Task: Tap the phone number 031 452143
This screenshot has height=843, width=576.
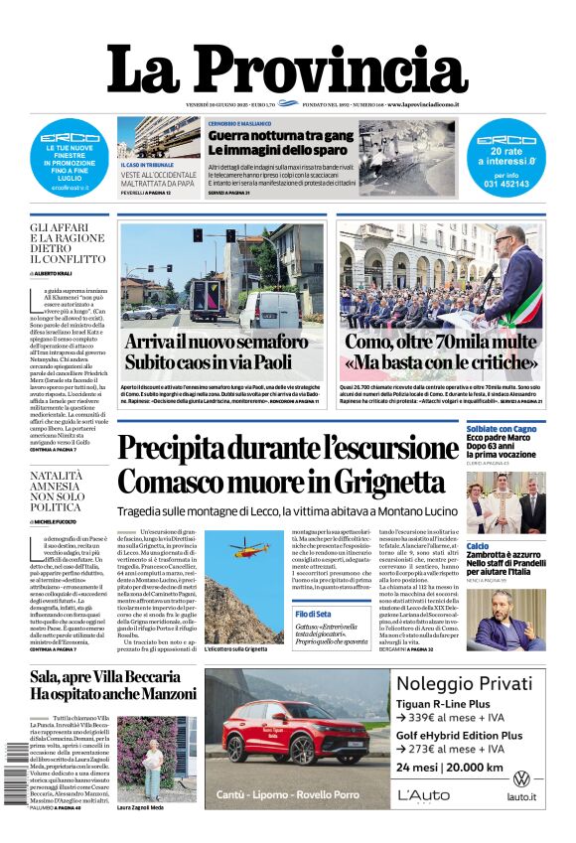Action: [x=506, y=184]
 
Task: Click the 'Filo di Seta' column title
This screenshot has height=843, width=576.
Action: [x=313, y=614]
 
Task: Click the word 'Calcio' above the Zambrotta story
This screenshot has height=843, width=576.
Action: [x=478, y=545]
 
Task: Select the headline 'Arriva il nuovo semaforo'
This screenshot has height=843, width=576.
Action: [x=216, y=341]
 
